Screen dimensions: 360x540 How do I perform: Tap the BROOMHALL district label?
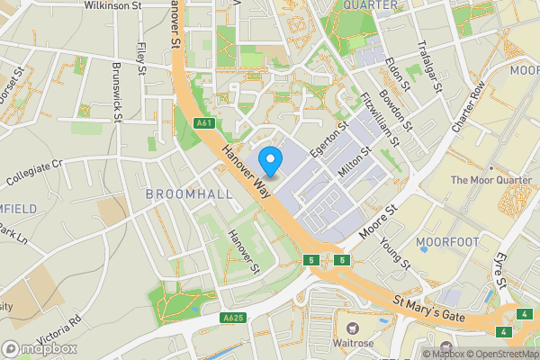pos(189,193)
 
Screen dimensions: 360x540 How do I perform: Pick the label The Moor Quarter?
pos(491,179)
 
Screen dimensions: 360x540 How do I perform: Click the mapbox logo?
pos(40,348)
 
